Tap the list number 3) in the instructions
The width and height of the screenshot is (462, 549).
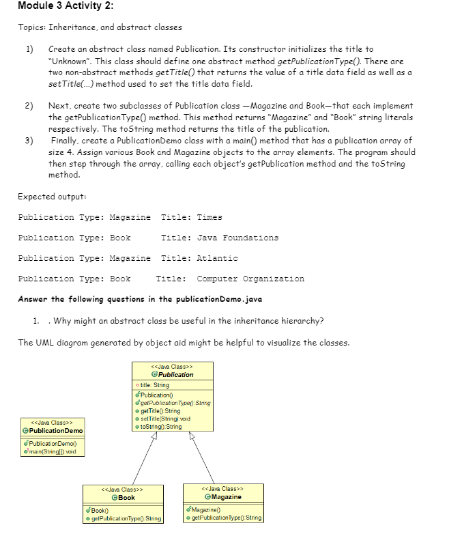pos(29,141)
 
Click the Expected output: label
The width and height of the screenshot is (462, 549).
pos(51,196)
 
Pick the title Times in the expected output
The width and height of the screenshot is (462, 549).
pos(210,217)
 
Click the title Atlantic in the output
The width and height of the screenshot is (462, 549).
pos(217,258)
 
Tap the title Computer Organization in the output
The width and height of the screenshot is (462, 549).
pos(250,279)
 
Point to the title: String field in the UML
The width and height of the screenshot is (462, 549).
pos(155,385)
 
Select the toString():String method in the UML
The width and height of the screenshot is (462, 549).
pos(162,427)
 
